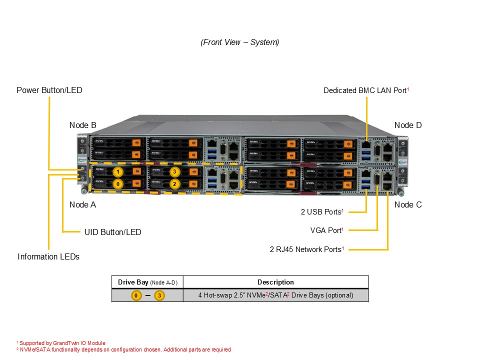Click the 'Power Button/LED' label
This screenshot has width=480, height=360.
(x=49, y=90)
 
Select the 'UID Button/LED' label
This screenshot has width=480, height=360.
(x=112, y=232)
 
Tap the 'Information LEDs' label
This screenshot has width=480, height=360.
(x=48, y=256)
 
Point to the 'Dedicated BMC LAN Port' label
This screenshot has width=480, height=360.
(x=366, y=90)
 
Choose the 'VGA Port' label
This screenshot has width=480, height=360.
(x=326, y=230)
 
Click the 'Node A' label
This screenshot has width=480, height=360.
(x=82, y=204)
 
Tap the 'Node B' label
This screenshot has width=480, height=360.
(x=82, y=125)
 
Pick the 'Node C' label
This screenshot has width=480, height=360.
(x=407, y=204)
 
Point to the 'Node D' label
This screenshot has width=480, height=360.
(x=407, y=125)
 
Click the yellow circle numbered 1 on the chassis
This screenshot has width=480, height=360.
(x=117, y=172)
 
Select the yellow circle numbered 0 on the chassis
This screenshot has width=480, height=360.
(x=117, y=183)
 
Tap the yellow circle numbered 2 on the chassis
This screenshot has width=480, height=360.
(x=174, y=183)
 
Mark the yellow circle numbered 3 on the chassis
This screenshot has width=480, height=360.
(x=174, y=172)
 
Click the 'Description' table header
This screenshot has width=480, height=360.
(x=275, y=282)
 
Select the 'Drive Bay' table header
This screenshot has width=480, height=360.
(x=147, y=282)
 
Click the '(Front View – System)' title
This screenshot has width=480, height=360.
(x=240, y=42)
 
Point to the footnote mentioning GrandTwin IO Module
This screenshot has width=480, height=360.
(x=61, y=343)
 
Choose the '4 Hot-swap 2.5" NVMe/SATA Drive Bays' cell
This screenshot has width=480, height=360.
(x=275, y=295)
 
